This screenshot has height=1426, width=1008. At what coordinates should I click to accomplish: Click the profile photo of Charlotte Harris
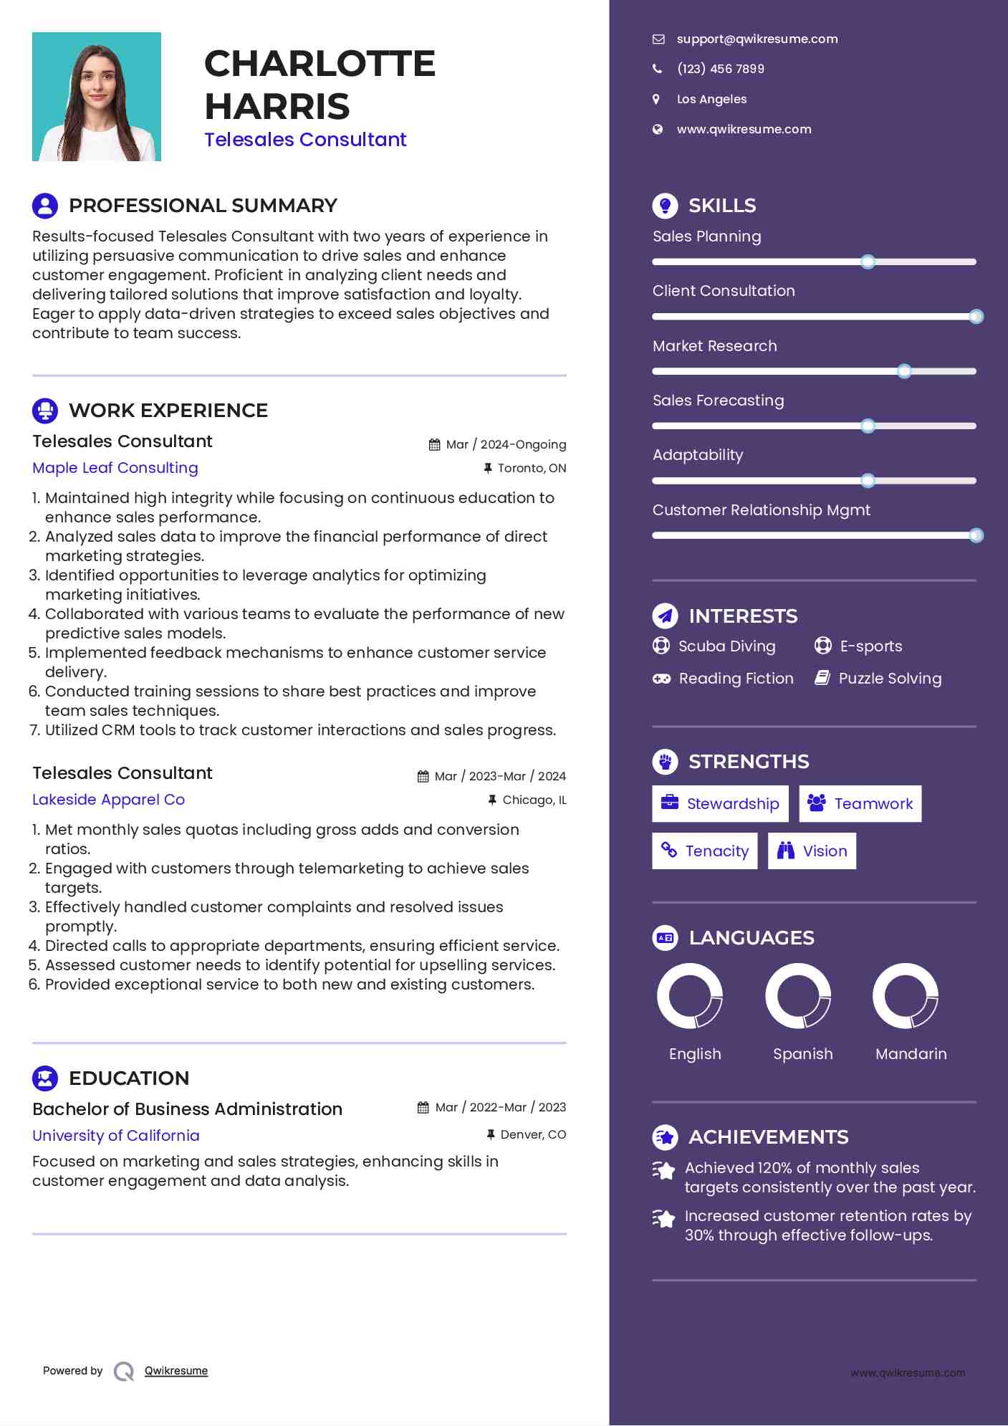(97, 97)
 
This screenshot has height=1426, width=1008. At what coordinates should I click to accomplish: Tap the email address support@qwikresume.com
(757, 39)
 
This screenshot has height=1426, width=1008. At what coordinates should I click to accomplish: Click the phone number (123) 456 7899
(720, 69)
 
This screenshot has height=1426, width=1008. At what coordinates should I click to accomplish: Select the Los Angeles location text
(711, 100)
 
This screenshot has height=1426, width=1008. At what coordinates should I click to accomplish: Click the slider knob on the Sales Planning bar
(868, 262)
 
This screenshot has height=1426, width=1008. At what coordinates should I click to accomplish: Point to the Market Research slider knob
(904, 371)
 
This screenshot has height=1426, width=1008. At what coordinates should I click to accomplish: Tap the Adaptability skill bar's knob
(868, 481)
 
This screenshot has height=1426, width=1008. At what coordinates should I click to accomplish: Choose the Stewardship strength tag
(720, 804)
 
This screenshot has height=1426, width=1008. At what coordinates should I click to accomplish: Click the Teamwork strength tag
(860, 804)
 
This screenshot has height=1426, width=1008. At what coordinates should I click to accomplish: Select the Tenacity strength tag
(704, 851)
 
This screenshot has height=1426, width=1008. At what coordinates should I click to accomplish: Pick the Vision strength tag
(812, 851)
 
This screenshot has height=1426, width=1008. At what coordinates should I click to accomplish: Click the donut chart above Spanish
(798, 996)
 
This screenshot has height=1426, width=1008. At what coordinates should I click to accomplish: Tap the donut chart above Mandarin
(906, 996)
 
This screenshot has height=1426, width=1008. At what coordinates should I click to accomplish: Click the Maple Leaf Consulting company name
(115, 468)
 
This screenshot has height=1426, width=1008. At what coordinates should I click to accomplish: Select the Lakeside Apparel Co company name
(108, 800)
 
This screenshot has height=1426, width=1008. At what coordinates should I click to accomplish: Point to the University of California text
(116, 1136)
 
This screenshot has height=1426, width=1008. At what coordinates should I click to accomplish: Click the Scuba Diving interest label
(726, 646)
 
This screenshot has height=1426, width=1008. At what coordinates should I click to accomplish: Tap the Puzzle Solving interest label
(890, 679)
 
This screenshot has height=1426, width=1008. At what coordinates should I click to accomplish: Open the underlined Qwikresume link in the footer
(176, 1371)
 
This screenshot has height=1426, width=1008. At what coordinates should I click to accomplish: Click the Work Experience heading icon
(45, 411)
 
